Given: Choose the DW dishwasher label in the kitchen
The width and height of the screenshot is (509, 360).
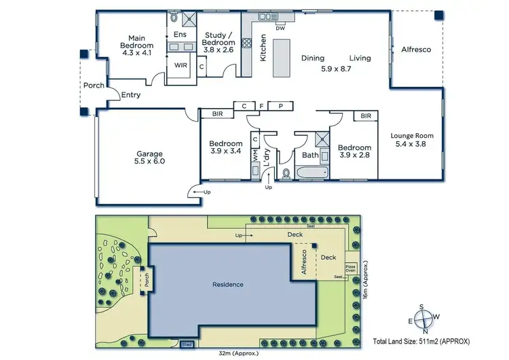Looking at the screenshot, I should click(280, 28).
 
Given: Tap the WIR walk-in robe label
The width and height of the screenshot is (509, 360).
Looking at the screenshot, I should click(181, 66).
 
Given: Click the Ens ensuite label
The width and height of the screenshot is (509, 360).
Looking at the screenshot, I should click(180, 34).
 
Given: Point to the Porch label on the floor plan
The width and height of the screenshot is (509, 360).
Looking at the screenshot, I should click(94, 86).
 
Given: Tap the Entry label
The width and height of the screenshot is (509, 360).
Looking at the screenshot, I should click(130, 95).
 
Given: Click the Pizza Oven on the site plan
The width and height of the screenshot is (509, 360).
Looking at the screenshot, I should click(351, 268).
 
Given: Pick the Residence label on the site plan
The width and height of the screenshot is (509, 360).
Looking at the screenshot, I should click(228, 284).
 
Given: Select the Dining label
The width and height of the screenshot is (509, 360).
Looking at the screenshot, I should click(313, 58).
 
